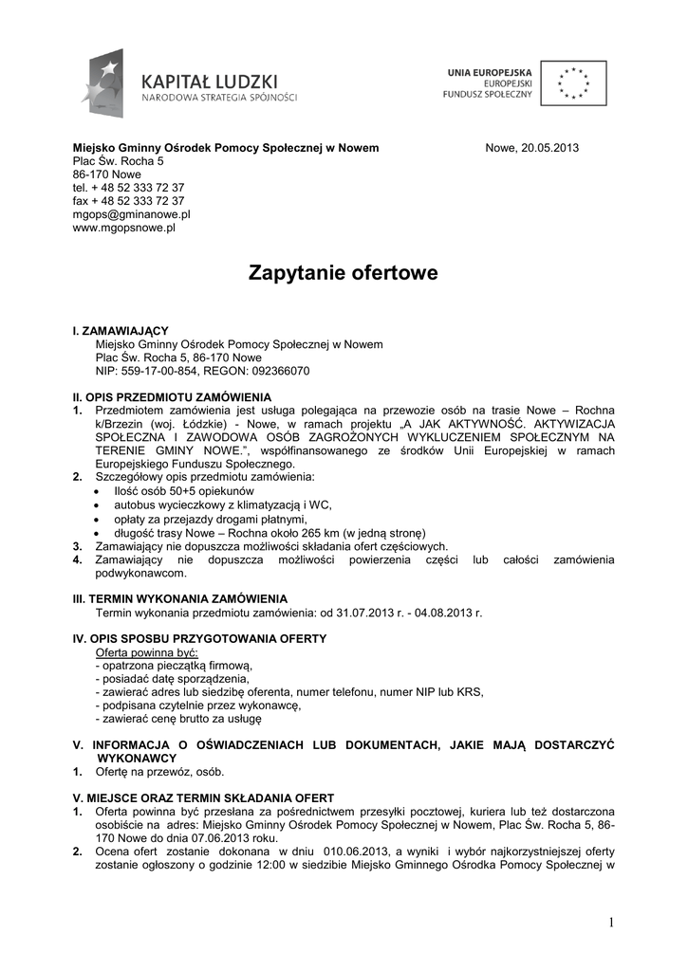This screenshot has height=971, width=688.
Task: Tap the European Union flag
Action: click(x=573, y=82)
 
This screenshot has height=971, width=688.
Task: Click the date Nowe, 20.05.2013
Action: click(x=531, y=148)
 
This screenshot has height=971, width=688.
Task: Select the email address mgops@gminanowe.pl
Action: click(x=132, y=214)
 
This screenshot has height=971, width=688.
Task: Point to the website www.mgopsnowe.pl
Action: click(x=124, y=228)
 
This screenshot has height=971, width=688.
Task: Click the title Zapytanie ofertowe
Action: click(x=344, y=274)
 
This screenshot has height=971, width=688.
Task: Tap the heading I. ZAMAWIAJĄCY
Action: click(x=121, y=331)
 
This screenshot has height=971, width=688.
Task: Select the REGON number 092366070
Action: click(x=276, y=371)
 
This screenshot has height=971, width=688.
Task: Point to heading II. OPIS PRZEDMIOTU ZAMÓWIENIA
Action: click(x=173, y=396)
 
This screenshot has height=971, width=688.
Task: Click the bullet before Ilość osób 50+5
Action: click(x=101, y=493)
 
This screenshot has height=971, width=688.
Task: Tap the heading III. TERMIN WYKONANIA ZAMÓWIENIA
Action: click(x=180, y=599)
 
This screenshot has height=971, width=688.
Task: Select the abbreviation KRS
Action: click(x=470, y=692)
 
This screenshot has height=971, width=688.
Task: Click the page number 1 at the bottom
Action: click(x=613, y=924)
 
